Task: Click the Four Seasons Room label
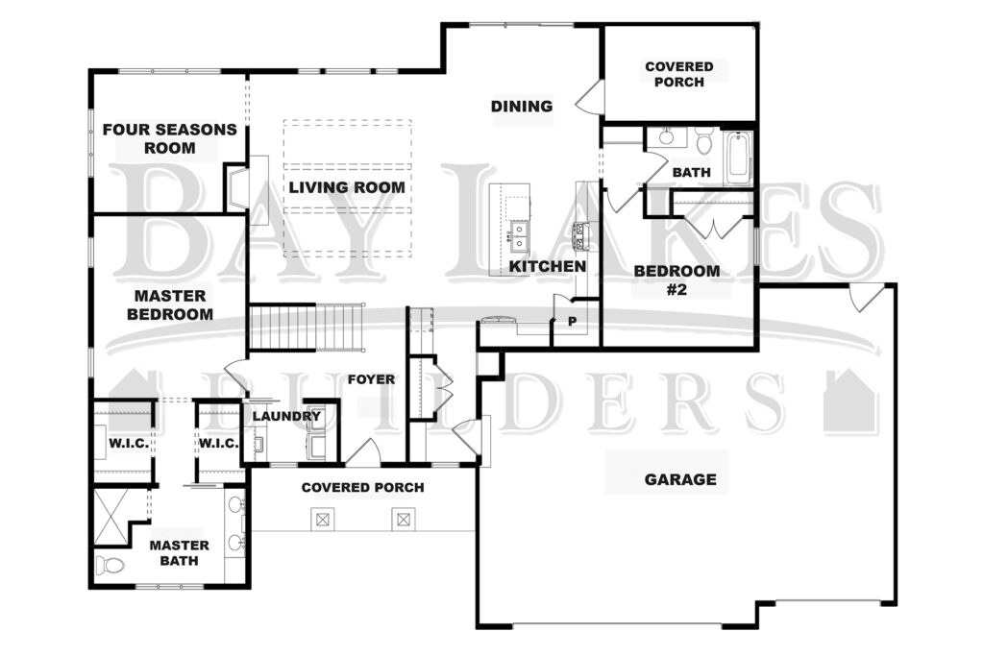tap(169, 138)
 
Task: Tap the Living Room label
tap(346, 187)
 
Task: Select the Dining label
tap(522, 106)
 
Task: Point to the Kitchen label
tap(547, 266)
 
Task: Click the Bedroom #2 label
tap(676, 279)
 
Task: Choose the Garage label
tap(680, 479)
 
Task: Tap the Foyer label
tap(372, 379)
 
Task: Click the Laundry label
tap(286, 416)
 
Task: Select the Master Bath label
tap(179, 552)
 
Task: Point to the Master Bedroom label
tap(170, 304)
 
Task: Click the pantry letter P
tap(573, 322)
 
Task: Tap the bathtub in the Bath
tap(739, 158)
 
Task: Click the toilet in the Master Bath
tap(111, 565)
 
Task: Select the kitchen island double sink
tap(519, 236)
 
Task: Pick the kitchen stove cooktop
tap(582, 236)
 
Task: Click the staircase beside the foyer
tap(307, 328)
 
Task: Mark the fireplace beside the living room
tap(236, 188)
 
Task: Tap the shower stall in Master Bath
tap(111, 516)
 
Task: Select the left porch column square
tap(323, 520)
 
